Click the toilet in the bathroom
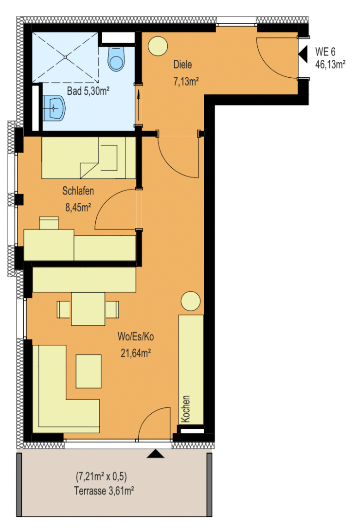coord(116,58)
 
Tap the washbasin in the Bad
coord(54,108)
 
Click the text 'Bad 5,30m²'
coord(89,91)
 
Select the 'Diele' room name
coord(183,64)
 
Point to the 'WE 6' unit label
coord(325,52)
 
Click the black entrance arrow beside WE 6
coord(303,54)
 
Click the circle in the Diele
coord(158,46)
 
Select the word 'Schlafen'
coord(78,191)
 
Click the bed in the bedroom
coord(89,157)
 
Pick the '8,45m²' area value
coord(78,207)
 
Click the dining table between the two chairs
coord(88,309)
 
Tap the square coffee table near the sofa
coord(89,371)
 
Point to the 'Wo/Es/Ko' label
coord(136,336)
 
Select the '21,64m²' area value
coord(136,353)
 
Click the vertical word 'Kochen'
coord(186,409)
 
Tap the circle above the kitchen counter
coord(191,301)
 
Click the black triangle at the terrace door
coord(155,454)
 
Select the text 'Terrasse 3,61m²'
coord(104,491)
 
